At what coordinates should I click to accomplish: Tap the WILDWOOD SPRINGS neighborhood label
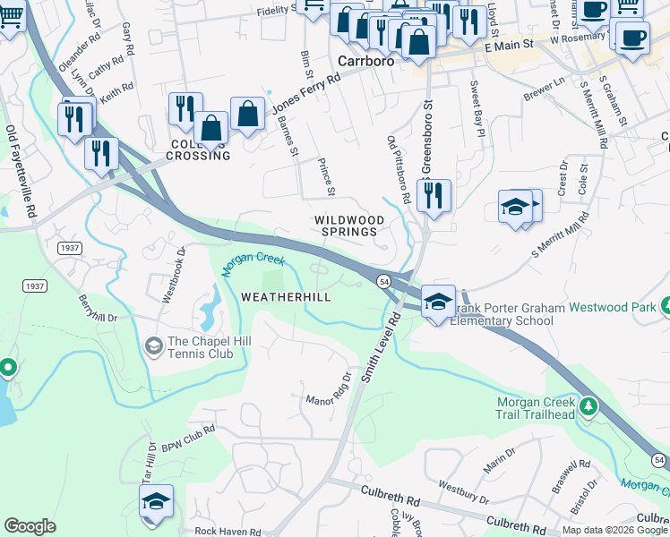(x=348, y=226)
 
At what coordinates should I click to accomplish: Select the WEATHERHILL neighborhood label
(x=286, y=297)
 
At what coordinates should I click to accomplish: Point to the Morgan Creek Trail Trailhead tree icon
(x=588, y=407)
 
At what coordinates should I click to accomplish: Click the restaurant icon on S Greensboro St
(x=434, y=196)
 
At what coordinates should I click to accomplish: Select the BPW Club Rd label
(x=189, y=436)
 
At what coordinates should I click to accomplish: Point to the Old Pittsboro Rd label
(x=398, y=169)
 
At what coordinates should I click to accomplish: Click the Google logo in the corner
(x=30, y=526)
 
